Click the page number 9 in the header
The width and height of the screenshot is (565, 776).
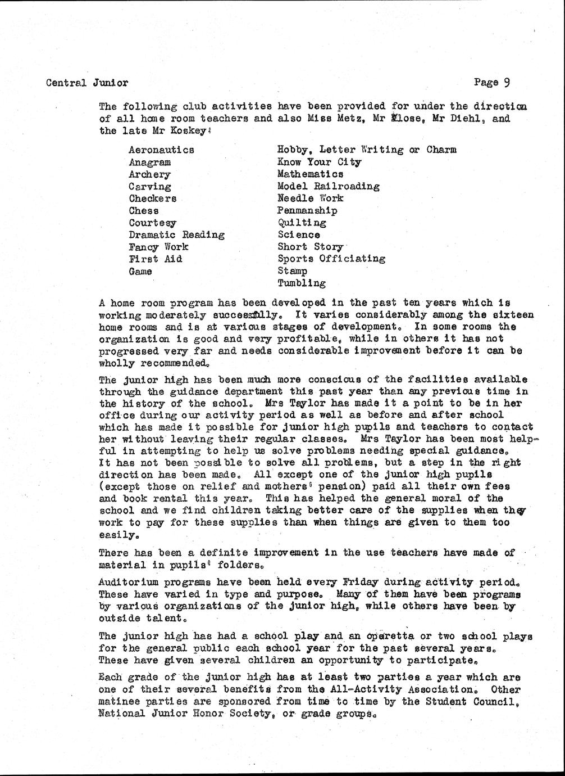[506, 82]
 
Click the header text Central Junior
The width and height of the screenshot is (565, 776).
[87, 83]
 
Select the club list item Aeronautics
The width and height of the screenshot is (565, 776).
[161, 150]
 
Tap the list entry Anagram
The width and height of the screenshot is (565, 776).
[150, 163]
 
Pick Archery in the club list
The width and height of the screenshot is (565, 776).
[149, 175]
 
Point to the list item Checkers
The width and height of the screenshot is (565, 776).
[152, 198]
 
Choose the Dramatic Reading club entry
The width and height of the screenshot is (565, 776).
[176, 235]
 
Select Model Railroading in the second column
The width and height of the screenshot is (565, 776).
[328, 186]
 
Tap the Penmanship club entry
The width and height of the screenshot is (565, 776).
[307, 211]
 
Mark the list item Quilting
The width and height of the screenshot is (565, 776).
[302, 223]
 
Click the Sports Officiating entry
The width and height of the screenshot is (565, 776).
[331, 259]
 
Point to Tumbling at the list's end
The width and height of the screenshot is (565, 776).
[302, 283]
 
